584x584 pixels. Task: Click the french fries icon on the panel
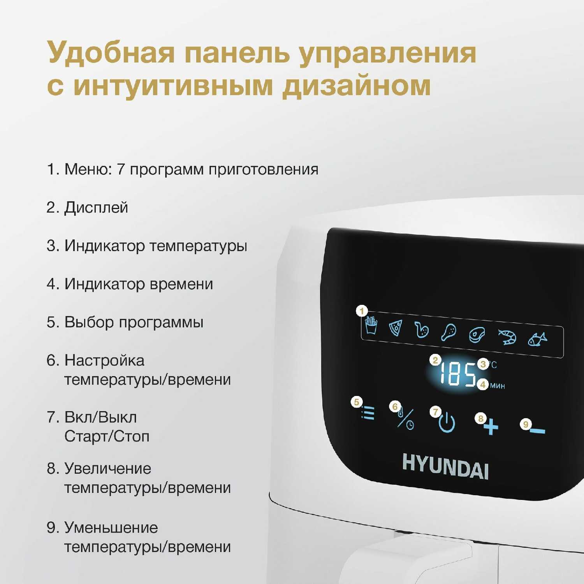point(371,325)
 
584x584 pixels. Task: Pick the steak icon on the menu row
point(477,335)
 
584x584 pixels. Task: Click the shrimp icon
point(508,337)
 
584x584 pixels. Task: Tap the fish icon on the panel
point(537,339)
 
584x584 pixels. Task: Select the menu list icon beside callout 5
point(368,413)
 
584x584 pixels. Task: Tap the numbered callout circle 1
point(362,311)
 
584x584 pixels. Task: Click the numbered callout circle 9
point(526,424)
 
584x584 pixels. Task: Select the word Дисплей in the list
point(96,208)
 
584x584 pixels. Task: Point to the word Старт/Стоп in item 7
point(107,436)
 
